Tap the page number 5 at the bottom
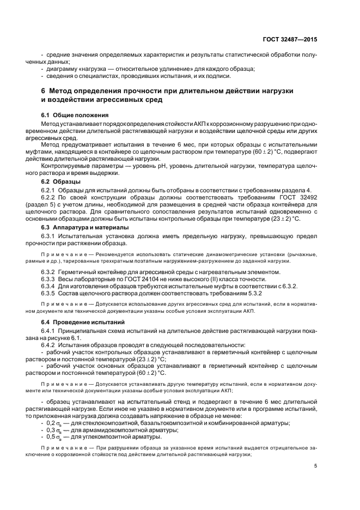pyautogui.click(x=316, y=465)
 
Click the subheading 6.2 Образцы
pyautogui.click(x=62, y=180)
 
